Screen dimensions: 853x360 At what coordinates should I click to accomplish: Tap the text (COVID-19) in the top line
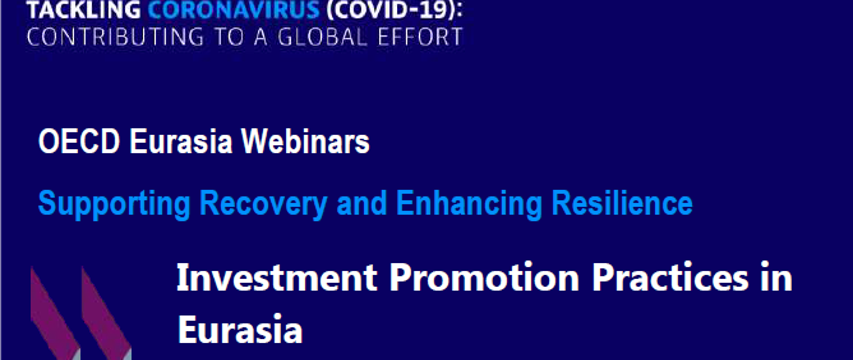click(x=395, y=10)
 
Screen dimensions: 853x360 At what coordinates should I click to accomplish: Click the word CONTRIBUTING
click(x=115, y=37)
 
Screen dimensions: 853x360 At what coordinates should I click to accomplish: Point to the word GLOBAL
click(x=323, y=37)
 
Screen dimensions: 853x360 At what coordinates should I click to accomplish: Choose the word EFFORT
click(x=420, y=37)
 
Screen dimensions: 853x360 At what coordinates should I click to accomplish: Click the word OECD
click(x=79, y=141)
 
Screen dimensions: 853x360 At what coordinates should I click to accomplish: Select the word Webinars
click(x=305, y=141)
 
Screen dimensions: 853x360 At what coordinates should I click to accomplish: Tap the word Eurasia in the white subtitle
click(x=181, y=141)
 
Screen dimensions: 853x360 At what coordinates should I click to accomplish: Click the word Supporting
click(x=115, y=204)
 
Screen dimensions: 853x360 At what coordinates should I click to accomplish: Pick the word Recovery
click(x=263, y=204)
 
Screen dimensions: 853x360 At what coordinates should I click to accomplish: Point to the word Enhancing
click(x=469, y=204)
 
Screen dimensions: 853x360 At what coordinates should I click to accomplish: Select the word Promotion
click(x=484, y=277)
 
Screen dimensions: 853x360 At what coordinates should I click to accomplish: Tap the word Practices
click(x=670, y=277)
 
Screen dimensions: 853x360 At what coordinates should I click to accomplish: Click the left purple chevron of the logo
click(x=55, y=313)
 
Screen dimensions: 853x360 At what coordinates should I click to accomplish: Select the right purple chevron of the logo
click(x=106, y=313)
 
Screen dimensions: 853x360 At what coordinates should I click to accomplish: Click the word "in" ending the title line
click(x=776, y=277)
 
